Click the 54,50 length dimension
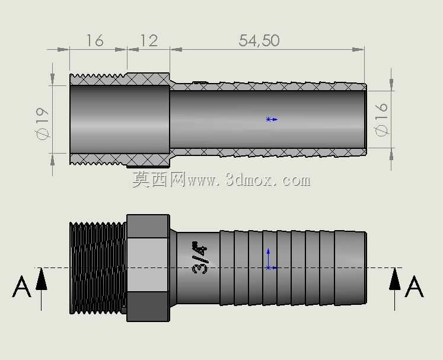pyautogui.click(x=259, y=40)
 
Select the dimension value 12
pyautogui.click(x=149, y=41)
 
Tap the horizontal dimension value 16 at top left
pyautogui.click(x=95, y=41)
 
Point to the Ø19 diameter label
pyautogui.click(x=42, y=124)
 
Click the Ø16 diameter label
pyautogui.click(x=381, y=119)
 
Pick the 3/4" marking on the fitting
pyautogui.click(x=200, y=258)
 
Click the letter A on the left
pyautogui.click(x=21, y=286)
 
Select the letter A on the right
pyautogui.click(x=414, y=286)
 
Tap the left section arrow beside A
pyautogui.click(x=42, y=289)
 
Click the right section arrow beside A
pyautogui.click(x=395, y=289)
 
